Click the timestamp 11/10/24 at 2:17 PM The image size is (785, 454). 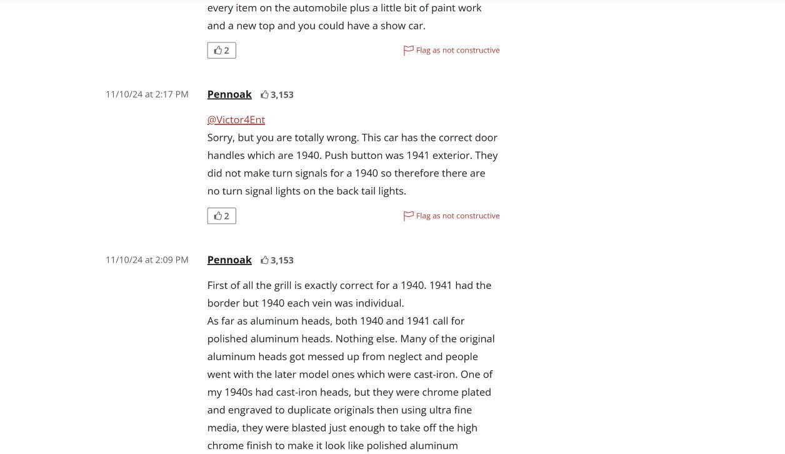point(147,94)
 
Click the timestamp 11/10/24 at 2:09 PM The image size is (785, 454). point(147,260)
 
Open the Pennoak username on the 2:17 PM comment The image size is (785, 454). point(229,94)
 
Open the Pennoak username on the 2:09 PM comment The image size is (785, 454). point(229,260)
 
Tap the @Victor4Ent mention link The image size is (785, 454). point(236,120)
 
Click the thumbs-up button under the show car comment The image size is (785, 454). point(221,51)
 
